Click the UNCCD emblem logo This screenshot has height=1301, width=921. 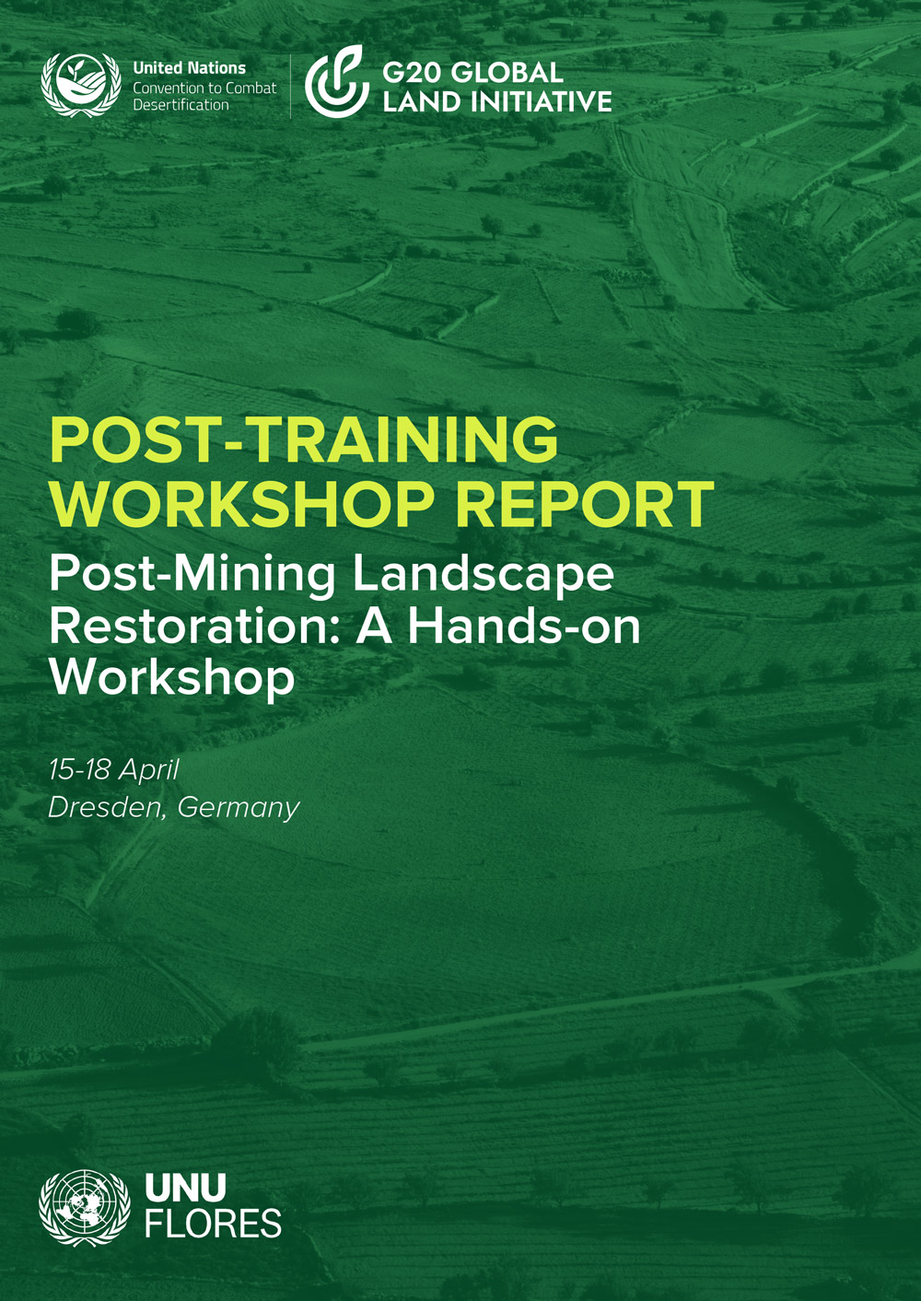pos(81,85)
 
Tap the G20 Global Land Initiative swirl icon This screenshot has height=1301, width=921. pos(336,83)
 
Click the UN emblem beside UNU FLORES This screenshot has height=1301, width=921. pos(85,1208)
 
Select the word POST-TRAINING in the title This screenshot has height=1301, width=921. pos(304,440)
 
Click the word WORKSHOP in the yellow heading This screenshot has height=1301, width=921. pos(241,504)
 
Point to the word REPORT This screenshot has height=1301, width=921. pos(585,504)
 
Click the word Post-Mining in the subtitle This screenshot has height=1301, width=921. pos(192,574)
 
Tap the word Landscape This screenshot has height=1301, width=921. pos(484,574)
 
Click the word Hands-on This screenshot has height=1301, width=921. pos(524,626)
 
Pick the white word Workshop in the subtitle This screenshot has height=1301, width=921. pos(172,677)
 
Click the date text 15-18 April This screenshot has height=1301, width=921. pos(114,769)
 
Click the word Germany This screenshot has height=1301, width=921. pos(239,808)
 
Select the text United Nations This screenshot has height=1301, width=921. pos(189,68)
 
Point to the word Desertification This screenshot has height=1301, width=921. pos(181,105)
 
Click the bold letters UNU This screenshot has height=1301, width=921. pos(185,1189)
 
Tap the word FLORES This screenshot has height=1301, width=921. pos(213,1225)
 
